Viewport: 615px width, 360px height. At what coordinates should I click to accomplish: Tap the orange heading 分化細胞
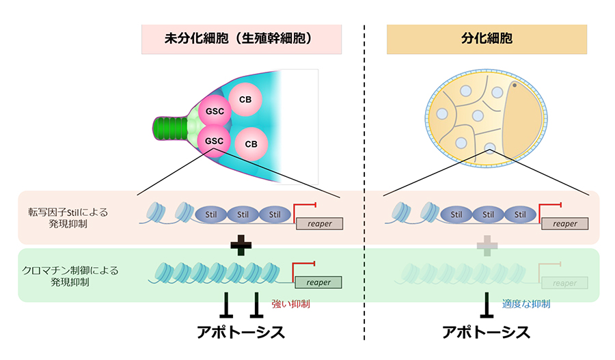(x=487, y=39)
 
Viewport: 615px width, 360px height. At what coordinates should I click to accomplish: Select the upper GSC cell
(x=211, y=111)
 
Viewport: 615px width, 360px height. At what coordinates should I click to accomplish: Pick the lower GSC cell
(x=211, y=139)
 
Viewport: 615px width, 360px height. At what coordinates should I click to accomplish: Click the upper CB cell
(x=245, y=100)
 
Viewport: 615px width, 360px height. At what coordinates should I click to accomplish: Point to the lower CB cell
(x=251, y=144)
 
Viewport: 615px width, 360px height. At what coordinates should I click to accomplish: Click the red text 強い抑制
(x=290, y=305)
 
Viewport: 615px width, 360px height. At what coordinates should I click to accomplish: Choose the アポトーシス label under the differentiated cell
(x=487, y=333)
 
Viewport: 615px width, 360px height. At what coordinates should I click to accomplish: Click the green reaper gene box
(x=318, y=282)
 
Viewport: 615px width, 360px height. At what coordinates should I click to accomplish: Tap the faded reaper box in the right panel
(x=564, y=282)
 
